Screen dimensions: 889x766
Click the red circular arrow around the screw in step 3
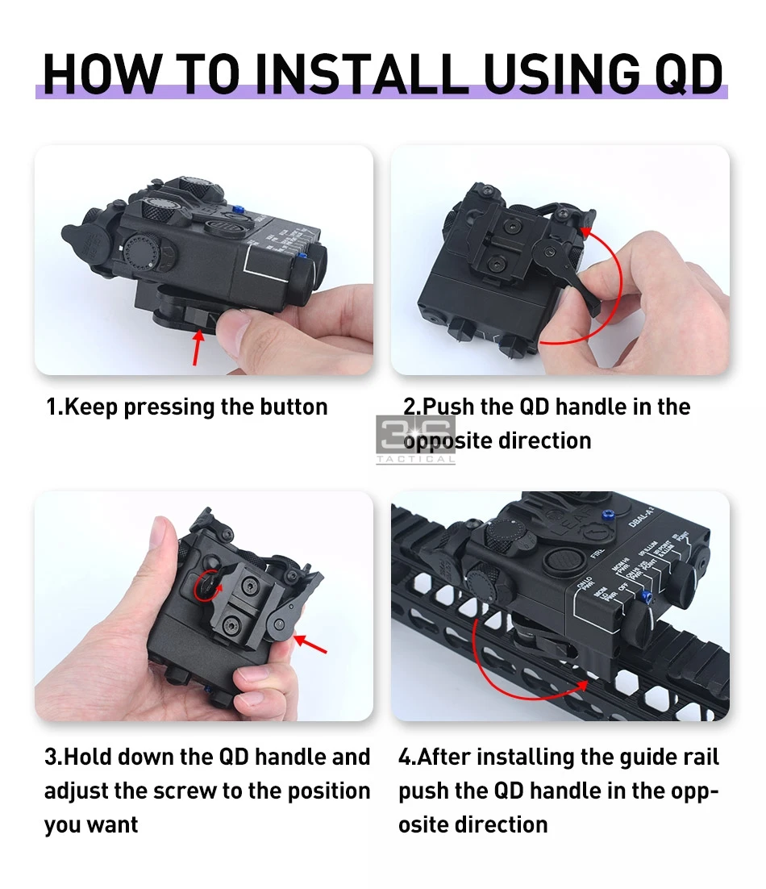pyautogui.click(x=209, y=587)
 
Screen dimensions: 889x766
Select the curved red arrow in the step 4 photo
pyautogui.click(x=516, y=670)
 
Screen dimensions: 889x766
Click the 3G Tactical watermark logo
pyautogui.click(x=416, y=439)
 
